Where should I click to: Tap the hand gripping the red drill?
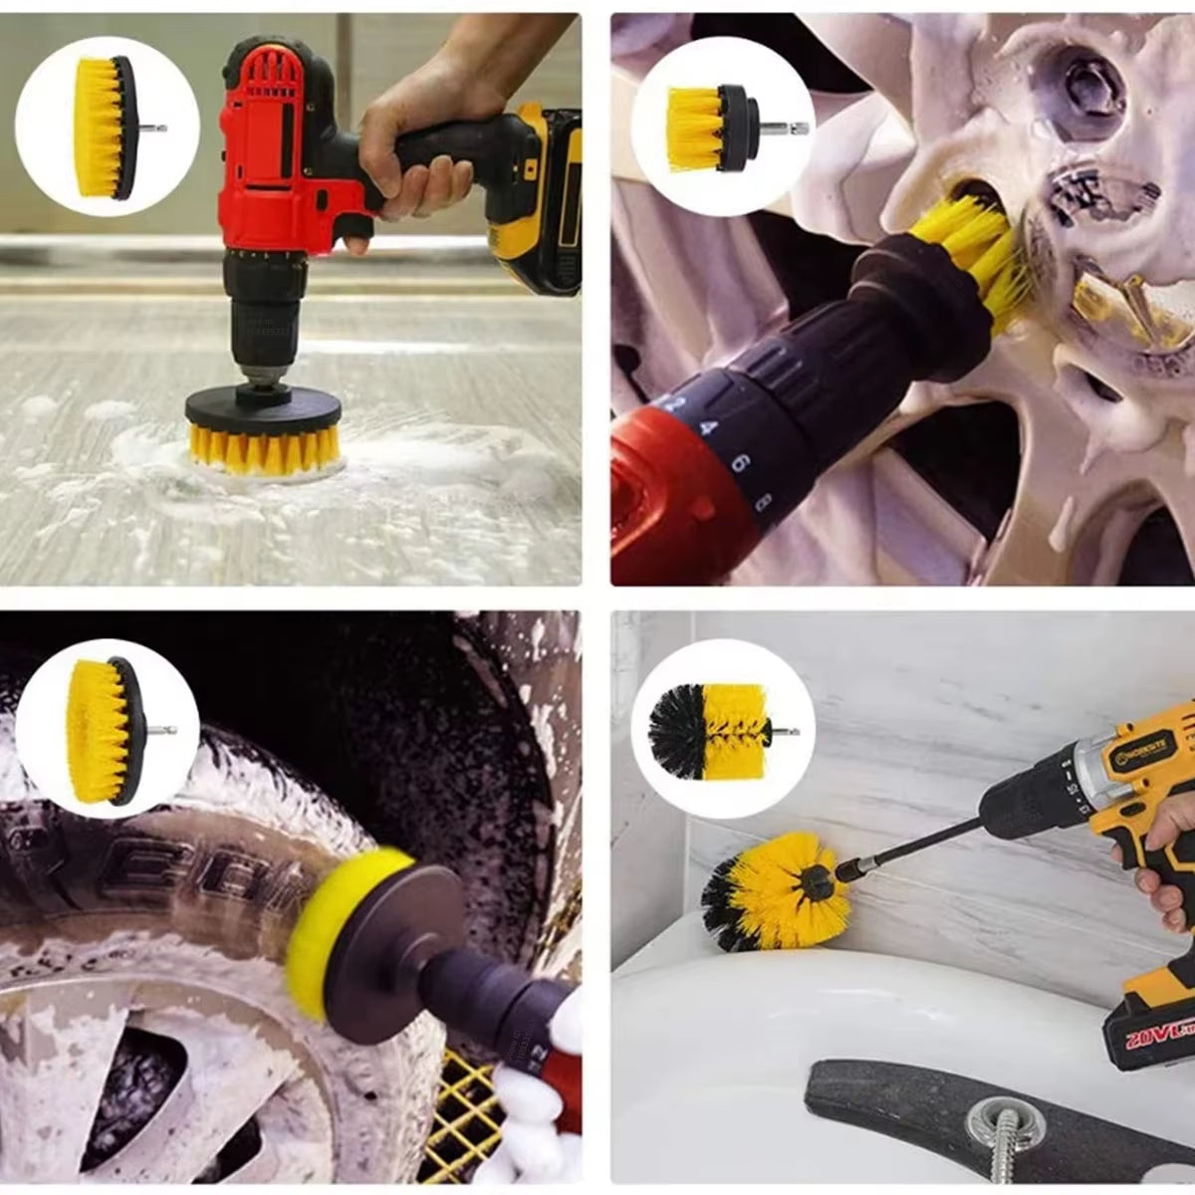click(x=418, y=139)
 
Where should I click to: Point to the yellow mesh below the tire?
click(x=468, y=1105)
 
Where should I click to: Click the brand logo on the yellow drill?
click(x=1145, y=757)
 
